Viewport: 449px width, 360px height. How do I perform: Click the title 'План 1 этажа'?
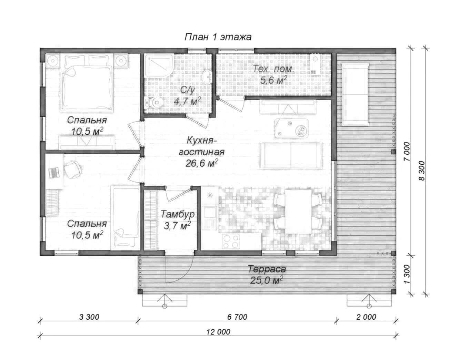[x=218, y=37]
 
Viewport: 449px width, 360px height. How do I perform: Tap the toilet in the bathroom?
[x=154, y=102]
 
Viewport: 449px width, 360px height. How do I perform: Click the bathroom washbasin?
[x=207, y=77]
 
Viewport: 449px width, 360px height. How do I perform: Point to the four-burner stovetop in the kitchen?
[x=231, y=241]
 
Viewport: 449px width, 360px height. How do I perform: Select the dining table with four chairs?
[x=298, y=212]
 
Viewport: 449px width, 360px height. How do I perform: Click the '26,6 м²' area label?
[x=202, y=163]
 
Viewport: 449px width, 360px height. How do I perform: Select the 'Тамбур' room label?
[x=178, y=214]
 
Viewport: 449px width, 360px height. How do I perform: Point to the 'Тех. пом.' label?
[x=273, y=69]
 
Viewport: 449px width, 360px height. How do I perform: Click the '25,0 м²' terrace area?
[x=267, y=280]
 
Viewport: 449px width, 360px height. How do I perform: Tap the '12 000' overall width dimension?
[x=218, y=332]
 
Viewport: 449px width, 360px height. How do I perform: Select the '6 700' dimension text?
[x=237, y=317]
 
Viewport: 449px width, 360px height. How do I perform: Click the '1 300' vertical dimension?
[x=407, y=274]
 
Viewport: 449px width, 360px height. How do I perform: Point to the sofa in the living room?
[x=291, y=156]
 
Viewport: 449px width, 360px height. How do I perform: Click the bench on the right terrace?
[x=355, y=95]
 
